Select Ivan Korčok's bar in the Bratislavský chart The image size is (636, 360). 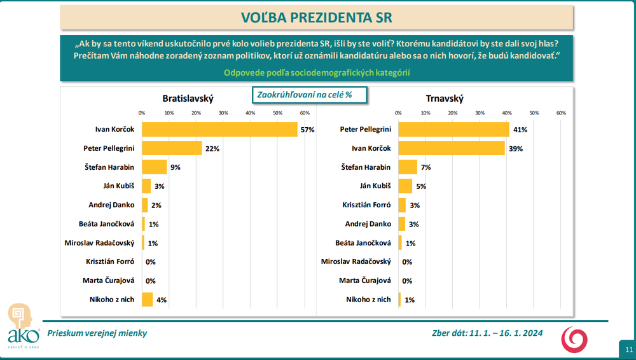[219, 130]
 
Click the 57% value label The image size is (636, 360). [308, 130]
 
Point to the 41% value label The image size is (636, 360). [520, 130]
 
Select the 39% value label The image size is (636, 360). [515, 148]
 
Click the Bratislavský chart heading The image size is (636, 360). [188, 99]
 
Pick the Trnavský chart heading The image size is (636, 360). [445, 99]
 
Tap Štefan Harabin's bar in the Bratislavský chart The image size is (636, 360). [154, 167]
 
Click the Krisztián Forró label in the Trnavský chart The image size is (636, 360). [366, 205]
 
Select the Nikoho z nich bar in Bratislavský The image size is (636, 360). [148, 299]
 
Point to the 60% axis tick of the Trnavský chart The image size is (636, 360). [561, 113]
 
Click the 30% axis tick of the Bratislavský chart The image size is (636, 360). [223, 113]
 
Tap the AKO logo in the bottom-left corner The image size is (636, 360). [19, 324]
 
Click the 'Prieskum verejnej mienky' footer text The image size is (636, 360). [92, 333]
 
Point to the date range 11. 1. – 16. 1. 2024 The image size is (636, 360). [506, 333]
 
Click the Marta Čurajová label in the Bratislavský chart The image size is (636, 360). [109, 280]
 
